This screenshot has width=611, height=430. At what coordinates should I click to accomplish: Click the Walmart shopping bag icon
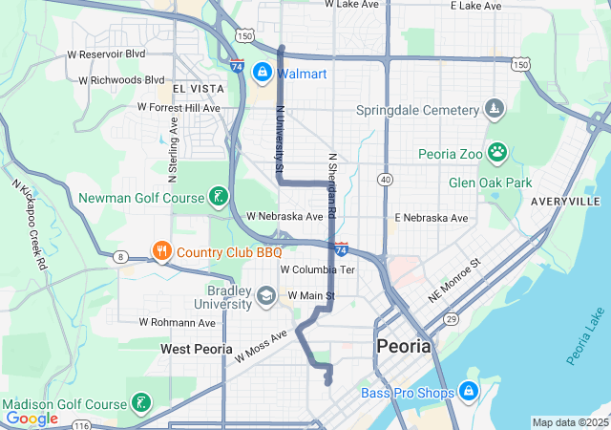pyautogui.click(x=261, y=73)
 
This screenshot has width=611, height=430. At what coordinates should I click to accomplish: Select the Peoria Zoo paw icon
pyautogui.click(x=497, y=153)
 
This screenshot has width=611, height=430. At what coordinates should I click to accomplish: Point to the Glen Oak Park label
pyautogui.click(x=490, y=182)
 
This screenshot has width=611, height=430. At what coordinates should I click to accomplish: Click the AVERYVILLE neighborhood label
pyautogui.click(x=566, y=202)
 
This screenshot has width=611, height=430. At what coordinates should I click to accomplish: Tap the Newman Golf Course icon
pyautogui.click(x=220, y=198)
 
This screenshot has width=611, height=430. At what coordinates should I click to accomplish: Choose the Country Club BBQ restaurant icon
pyautogui.click(x=161, y=252)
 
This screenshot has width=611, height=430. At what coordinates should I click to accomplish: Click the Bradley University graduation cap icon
pyautogui.click(x=266, y=297)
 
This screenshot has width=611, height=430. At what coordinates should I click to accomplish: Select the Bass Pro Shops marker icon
pyautogui.click(x=468, y=392)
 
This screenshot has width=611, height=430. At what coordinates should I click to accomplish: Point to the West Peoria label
pyautogui.click(x=196, y=349)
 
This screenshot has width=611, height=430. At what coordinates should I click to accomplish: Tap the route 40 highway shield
pyautogui.click(x=385, y=179)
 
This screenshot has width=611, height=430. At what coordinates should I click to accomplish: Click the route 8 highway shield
pyautogui.click(x=120, y=256)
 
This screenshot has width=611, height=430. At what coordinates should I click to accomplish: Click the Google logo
pyautogui.click(x=32, y=419)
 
